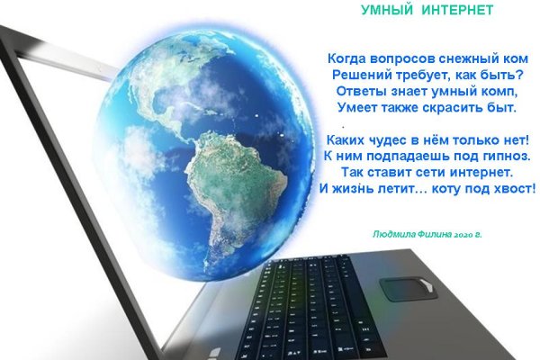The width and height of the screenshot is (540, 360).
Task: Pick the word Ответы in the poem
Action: (362, 92)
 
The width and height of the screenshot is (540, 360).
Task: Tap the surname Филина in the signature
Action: (436, 232)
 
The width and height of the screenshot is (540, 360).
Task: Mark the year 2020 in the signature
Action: (464, 232)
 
